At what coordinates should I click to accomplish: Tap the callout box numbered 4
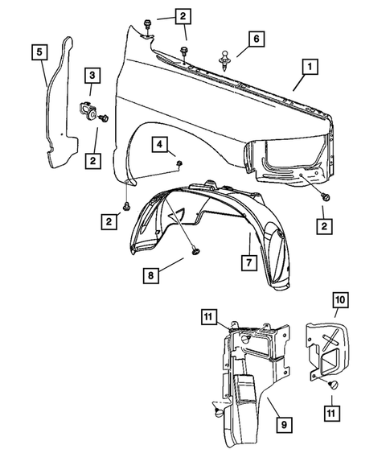pyautogui.click(x=162, y=145)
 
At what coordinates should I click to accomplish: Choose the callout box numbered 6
pyautogui.click(x=255, y=38)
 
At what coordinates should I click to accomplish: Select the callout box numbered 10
pyautogui.click(x=339, y=300)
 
